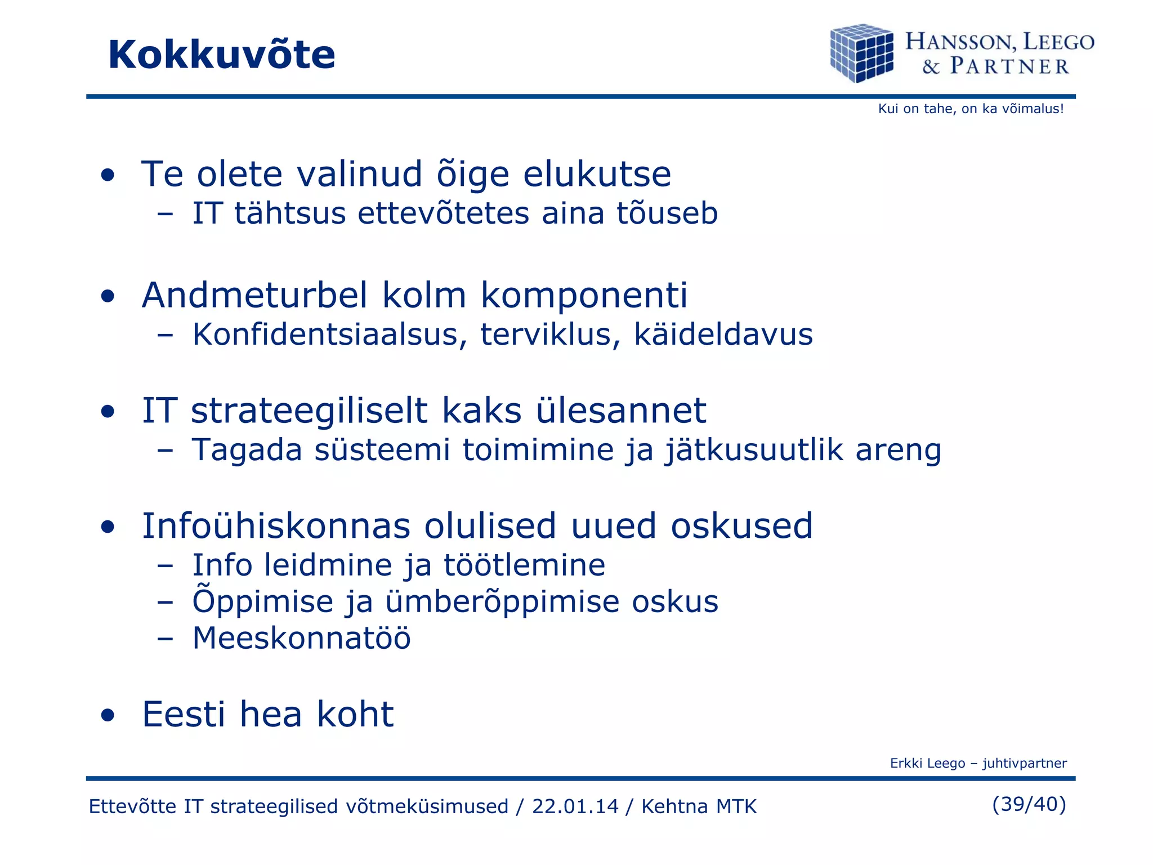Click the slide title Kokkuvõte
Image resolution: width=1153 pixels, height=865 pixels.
click(221, 55)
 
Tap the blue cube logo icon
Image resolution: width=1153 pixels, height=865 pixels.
click(861, 53)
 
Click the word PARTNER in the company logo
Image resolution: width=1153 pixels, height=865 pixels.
click(1009, 66)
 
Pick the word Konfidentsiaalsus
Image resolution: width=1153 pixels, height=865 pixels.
click(330, 335)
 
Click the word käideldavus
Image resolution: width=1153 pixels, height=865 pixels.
click(723, 335)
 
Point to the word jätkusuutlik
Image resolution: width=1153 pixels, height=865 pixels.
click(754, 451)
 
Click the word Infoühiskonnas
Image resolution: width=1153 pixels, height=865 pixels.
click(276, 526)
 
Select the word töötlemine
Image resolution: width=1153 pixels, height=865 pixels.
click(525, 565)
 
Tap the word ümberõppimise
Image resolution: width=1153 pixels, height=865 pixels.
click(503, 602)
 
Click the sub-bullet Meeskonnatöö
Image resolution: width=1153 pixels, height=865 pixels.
click(302, 639)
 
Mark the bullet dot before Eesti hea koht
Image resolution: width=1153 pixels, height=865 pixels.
click(108, 716)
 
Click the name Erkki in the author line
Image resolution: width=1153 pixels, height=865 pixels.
click(905, 764)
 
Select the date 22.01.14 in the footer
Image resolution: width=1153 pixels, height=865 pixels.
click(575, 806)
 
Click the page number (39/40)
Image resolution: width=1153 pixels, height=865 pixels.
click(1029, 804)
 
